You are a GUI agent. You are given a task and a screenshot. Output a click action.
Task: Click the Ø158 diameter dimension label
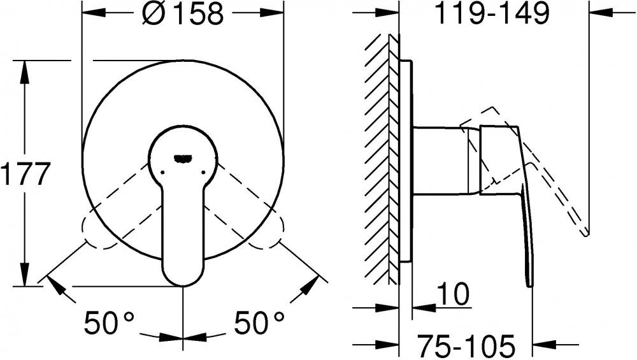coord(183,14)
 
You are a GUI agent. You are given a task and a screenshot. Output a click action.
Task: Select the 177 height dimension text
coord(25,173)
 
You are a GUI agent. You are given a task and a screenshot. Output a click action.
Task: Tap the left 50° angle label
coord(109,322)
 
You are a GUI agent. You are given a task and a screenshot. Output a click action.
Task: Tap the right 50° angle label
coord(259,322)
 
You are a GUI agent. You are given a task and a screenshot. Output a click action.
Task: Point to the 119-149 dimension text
coord(492,14)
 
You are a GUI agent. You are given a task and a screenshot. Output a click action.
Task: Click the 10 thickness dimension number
coord(453,294)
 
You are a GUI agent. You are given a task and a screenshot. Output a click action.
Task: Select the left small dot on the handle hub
coord(162,172)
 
